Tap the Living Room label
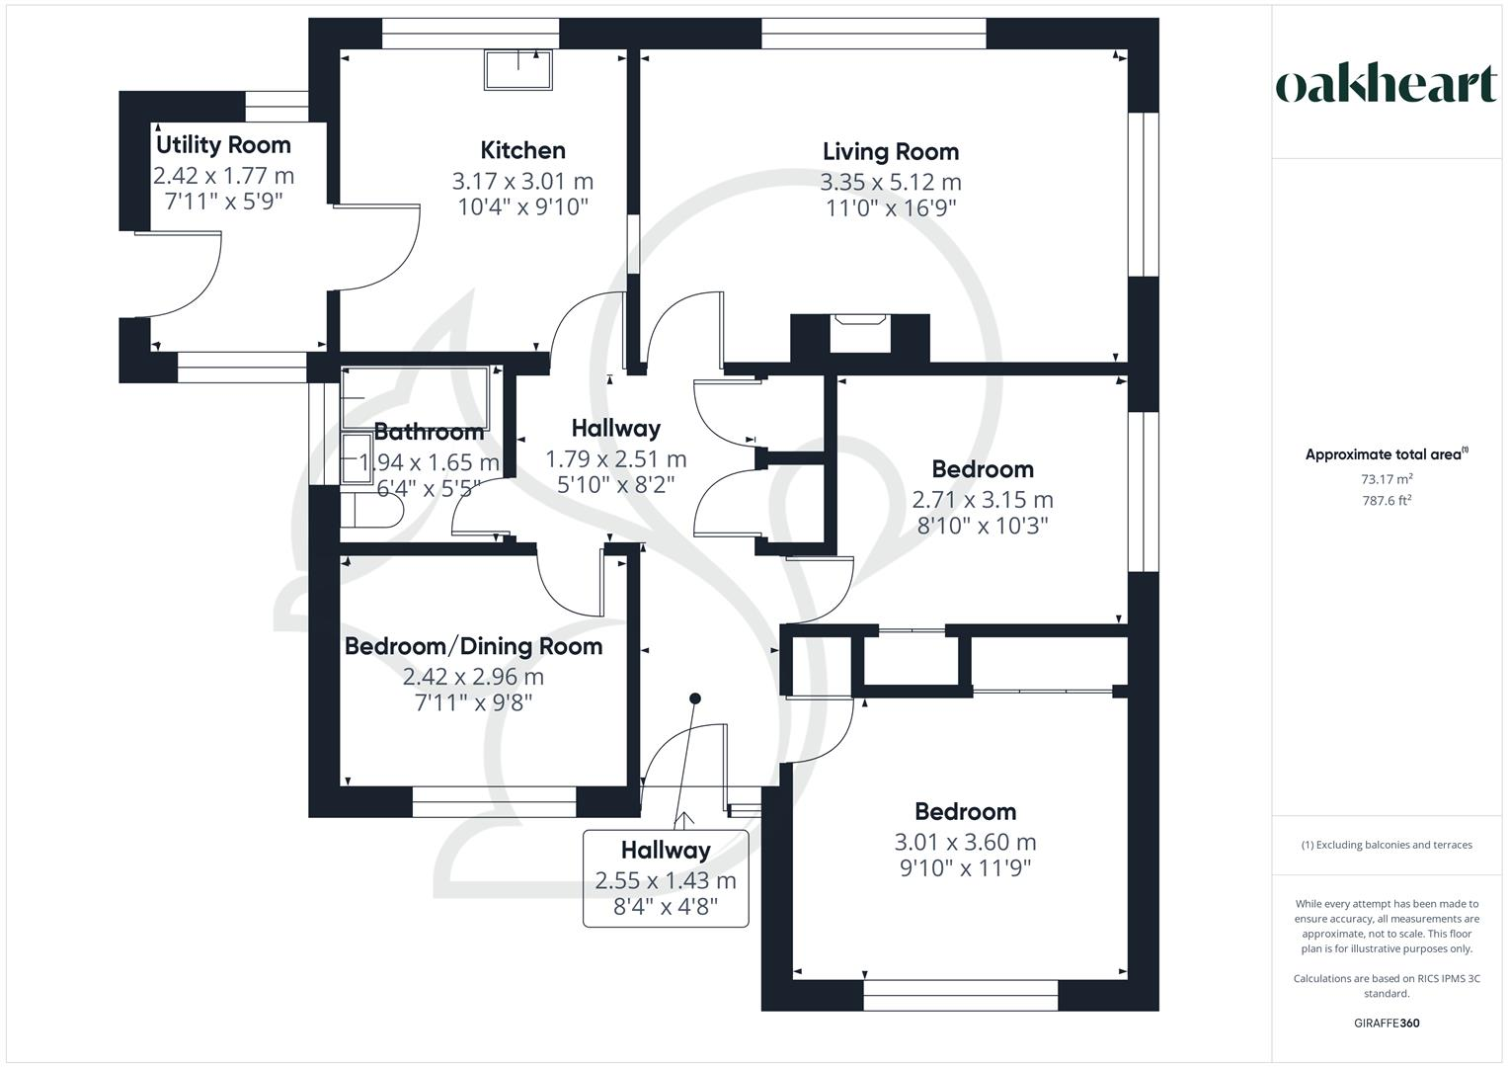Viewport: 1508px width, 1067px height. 891,151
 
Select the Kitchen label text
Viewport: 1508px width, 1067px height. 522,150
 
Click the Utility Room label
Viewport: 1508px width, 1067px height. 223,145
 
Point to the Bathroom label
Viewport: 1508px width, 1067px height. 429,432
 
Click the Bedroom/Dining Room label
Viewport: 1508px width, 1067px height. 473,646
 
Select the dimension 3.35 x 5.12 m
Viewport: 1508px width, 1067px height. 891,182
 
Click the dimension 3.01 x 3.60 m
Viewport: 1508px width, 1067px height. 965,842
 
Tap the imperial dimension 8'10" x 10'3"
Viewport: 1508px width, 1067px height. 983,526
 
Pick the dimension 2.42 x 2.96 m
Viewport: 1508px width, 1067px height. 473,677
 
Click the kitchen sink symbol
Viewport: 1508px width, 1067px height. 518,69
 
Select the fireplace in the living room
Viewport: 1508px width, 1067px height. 860,334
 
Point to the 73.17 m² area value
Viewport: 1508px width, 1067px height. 1387,479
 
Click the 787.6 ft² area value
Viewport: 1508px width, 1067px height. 1387,501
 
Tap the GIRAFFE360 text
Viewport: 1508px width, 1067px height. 1387,1024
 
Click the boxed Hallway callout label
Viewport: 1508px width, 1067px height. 666,878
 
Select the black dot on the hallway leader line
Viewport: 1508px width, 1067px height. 695,698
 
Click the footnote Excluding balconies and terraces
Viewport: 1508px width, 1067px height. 1387,845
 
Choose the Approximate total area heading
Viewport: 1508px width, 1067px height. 1387,454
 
